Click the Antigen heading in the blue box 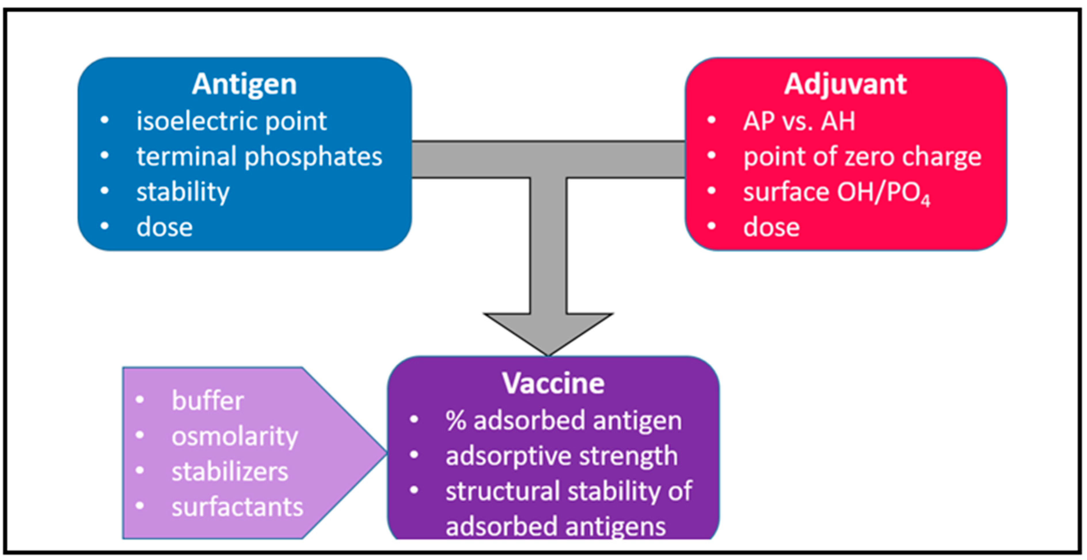244,84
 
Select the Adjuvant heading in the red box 845,84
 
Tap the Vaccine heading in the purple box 553,384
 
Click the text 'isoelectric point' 231,122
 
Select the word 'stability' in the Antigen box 183,192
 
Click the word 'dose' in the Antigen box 165,227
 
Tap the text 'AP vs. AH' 799,122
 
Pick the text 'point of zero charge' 862,157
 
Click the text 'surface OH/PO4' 836,193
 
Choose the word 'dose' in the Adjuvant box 771,227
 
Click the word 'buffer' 208,400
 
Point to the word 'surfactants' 237,507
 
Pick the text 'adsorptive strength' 562,456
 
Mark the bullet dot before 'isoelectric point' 105,120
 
